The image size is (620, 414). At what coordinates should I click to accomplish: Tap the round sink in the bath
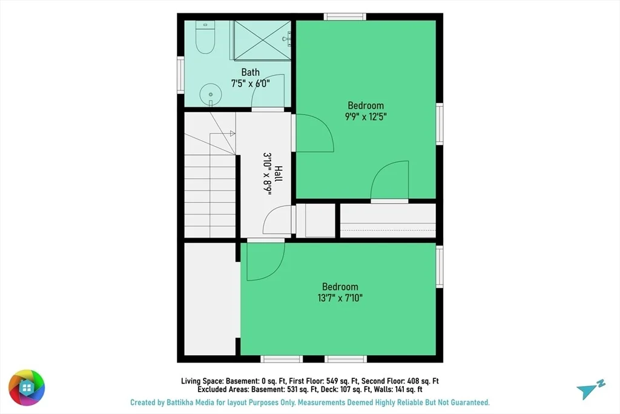click(x=210, y=95)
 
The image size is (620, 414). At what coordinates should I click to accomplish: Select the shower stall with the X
click(x=262, y=41)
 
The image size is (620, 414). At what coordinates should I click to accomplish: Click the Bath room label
click(x=251, y=72)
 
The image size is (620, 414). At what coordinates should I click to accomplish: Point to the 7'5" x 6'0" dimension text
click(x=251, y=84)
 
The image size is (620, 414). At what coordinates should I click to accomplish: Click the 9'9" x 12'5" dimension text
click(x=366, y=117)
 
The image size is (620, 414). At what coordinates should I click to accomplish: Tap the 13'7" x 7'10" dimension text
click(x=340, y=298)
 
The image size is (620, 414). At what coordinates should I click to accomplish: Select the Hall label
click(x=279, y=174)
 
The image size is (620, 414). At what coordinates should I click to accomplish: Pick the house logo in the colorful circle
click(x=27, y=388)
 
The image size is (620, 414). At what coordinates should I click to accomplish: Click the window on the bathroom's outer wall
click(x=180, y=75)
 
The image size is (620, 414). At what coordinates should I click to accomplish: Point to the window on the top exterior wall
click(x=345, y=16)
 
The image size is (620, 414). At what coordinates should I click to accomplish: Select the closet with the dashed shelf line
click(x=388, y=221)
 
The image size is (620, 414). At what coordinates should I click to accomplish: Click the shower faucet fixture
click(x=286, y=38)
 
